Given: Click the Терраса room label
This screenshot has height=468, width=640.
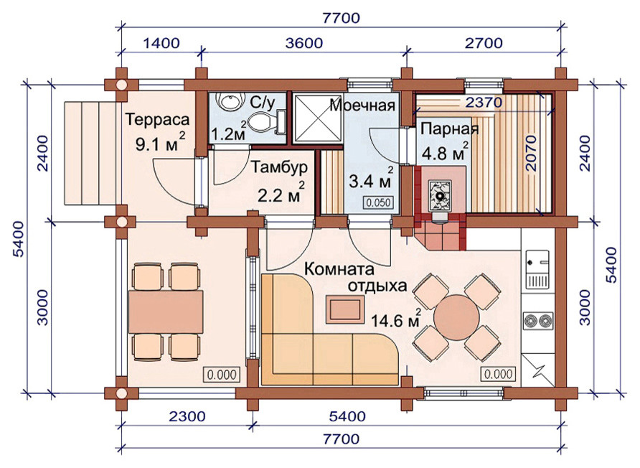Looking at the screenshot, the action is (x=157, y=120).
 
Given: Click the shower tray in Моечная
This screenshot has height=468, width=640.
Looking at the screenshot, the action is (x=318, y=118).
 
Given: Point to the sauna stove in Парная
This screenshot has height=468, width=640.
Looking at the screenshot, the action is (x=440, y=195).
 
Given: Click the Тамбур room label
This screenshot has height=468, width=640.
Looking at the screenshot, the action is (x=279, y=167).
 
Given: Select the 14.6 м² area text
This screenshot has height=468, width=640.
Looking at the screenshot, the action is (x=396, y=319).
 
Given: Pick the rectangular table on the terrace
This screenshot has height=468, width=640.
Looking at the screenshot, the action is (x=166, y=312).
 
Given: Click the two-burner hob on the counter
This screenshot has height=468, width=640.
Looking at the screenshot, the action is (x=537, y=321).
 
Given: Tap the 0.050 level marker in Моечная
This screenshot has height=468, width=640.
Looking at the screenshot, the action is (x=378, y=202).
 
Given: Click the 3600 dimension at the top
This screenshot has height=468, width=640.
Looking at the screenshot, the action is (x=304, y=43).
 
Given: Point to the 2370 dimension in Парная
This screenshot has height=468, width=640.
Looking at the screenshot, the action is (x=484, y=102).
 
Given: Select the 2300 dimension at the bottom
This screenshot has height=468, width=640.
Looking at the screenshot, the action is (x=187, y=416).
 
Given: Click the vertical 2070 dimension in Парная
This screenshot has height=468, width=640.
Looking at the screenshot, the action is (x=530, y=153).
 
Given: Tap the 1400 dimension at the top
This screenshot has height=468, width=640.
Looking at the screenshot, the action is (x=161, y=43).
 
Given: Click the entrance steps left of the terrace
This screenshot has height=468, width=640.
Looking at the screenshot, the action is (x=90, y=152).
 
